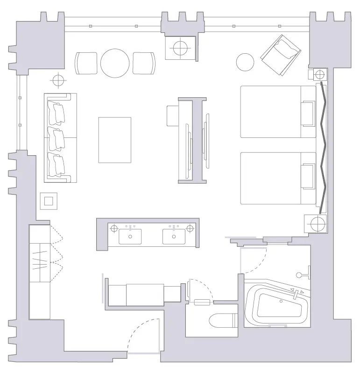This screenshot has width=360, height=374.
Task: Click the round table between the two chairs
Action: click(x=115, y=64)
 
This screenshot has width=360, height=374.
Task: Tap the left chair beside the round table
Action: click(x=86, y=63)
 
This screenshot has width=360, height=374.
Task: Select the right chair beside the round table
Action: click(x=143, y=63)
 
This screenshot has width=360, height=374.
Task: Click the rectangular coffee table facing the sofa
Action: click(x=114, y=140)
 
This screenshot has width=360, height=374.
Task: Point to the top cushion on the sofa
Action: click(x=58, y=113)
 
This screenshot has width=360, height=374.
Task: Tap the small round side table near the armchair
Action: click(x=245, y=62)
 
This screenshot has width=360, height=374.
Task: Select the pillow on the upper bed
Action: click(x=308, y=114)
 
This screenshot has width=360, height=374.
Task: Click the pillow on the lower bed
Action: click(x=308, y=178)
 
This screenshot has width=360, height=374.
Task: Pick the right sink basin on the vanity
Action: click(x=174, y=236)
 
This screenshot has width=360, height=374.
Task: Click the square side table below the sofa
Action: click(x=49, y=201)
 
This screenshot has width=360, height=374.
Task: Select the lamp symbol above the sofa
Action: click(x=57, y=80)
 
